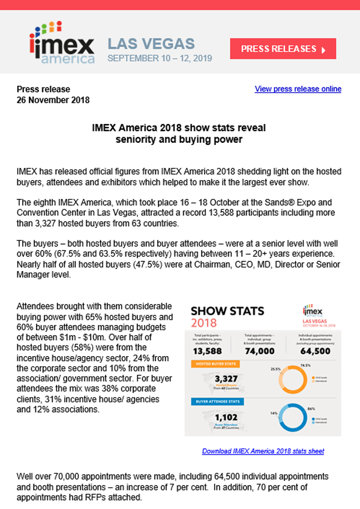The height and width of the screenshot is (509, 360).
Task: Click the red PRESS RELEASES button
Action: [x=283, y=49]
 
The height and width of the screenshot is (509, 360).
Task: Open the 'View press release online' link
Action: [x=298, y=89]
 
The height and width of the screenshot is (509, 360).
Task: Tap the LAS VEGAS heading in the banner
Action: [x=151, y=44]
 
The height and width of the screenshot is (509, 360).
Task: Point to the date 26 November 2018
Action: [x=53, y=100]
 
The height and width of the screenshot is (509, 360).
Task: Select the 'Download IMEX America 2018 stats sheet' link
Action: [x=263, y=450]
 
